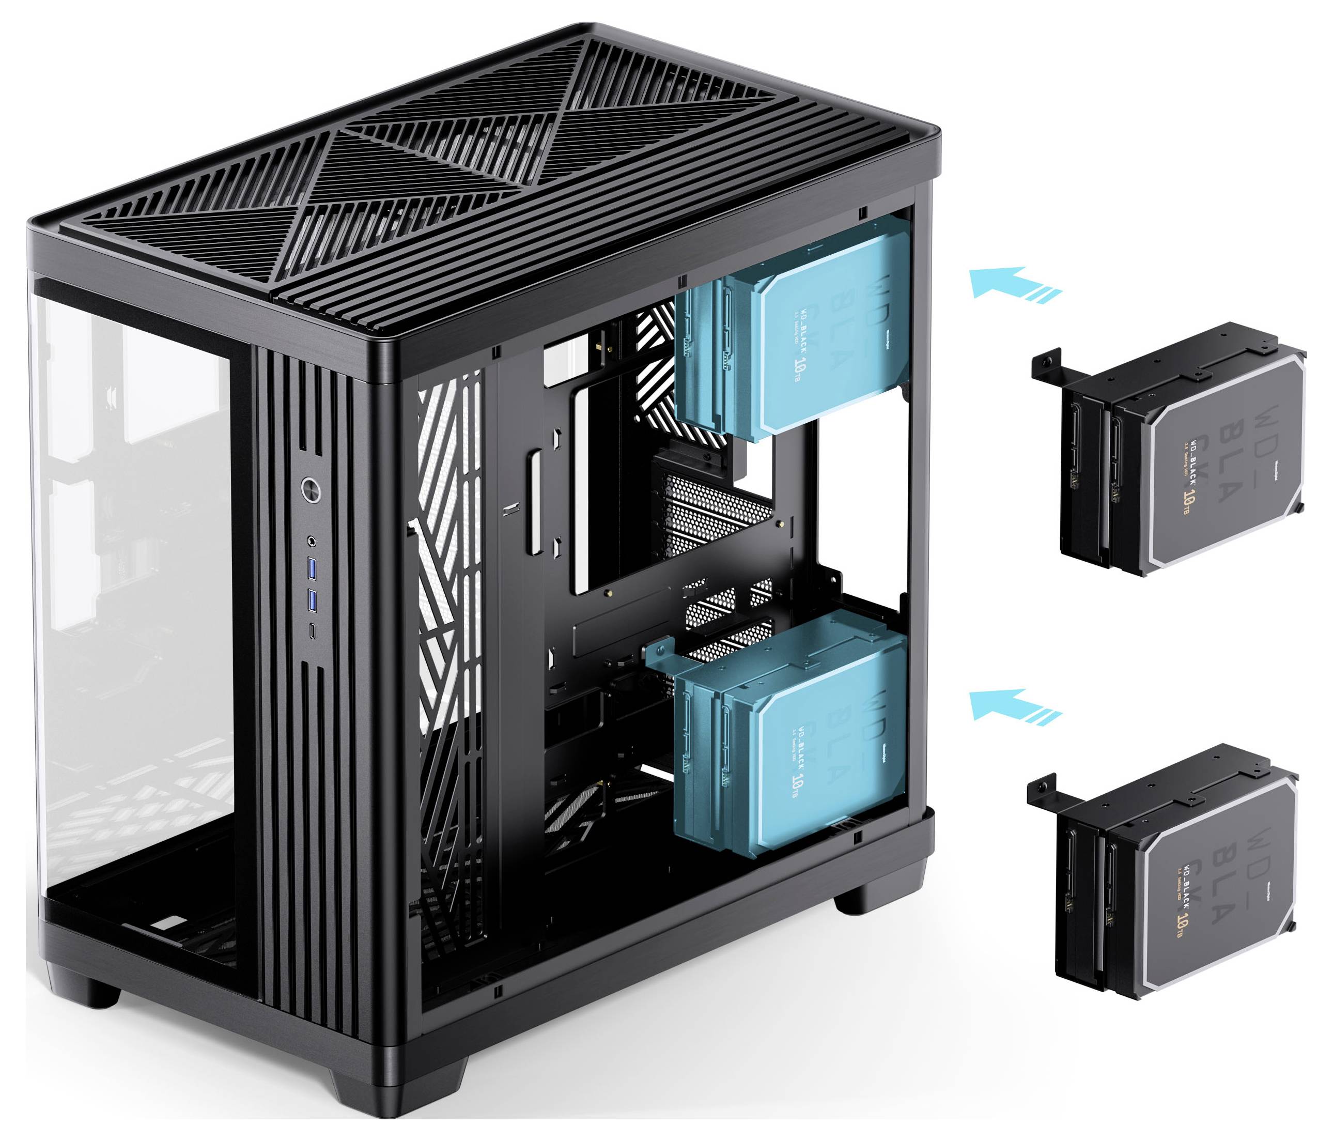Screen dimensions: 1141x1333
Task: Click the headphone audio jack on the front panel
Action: tap(313, 541)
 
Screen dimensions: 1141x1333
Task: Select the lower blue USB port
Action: tap(313, 600)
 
